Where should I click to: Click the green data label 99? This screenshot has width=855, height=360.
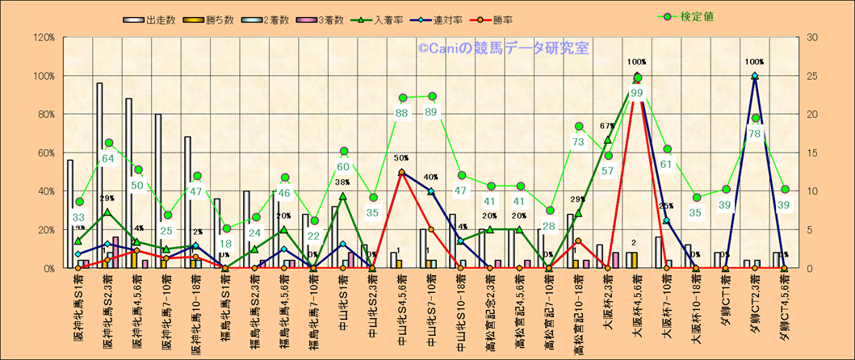click(x=637, y=93)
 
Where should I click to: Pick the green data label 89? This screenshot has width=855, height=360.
click(x=432, y=112)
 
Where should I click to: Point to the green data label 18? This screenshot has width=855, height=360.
click(x=226, y=244)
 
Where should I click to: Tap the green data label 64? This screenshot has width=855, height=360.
click(x=107, y=158)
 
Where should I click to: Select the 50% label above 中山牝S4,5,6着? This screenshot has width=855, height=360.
click(x=402, y=158)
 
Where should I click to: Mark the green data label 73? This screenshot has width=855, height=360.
click(x=579, y=142)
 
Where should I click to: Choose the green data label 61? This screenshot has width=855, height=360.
click(x=666, y=165)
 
